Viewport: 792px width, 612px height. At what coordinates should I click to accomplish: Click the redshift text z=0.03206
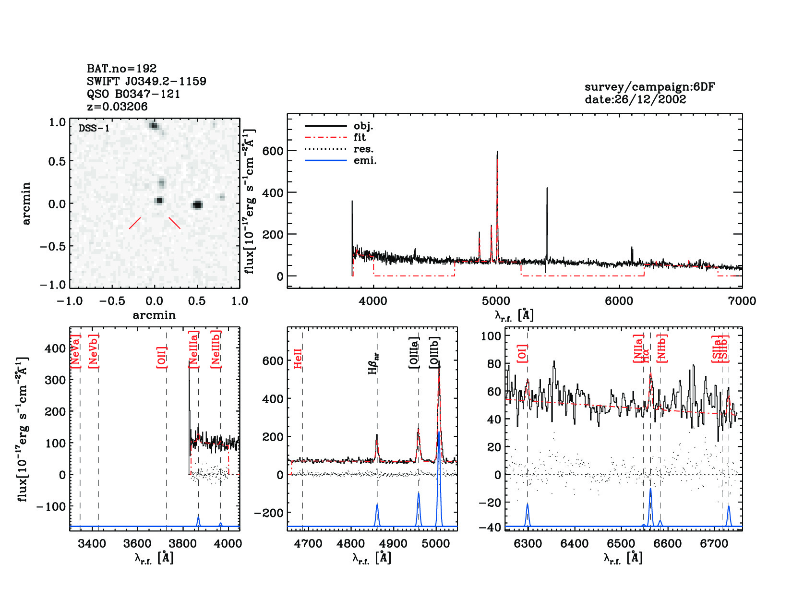coord(117,107)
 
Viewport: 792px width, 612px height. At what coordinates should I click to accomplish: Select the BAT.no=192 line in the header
coord(121,69)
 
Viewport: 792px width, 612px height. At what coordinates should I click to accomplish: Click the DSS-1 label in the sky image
coord(94,129)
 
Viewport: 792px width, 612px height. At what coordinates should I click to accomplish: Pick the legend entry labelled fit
coord(360,137)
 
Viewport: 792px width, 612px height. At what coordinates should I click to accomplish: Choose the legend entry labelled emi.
coord(365,160)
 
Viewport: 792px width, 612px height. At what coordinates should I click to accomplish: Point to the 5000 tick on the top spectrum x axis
coord(496,301)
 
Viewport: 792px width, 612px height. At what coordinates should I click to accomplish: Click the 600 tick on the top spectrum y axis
coord(273,151)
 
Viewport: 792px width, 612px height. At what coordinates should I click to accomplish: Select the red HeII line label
coord(298,359)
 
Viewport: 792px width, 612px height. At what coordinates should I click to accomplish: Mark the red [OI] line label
coord(522,353)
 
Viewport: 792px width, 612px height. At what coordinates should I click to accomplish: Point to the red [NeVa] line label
coord(75,351)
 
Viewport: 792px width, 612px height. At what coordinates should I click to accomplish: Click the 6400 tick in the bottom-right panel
coord(574,544)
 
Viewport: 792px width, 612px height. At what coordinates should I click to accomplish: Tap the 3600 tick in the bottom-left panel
coord(137,544)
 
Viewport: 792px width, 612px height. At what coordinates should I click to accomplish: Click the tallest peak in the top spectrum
coord(497,153)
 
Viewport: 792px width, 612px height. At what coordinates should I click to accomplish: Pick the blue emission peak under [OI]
coord(528,505)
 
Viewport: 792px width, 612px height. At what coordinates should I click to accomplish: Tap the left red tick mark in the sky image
coord(135,223)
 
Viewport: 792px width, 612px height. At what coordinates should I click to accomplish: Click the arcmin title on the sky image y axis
coord(26,203)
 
